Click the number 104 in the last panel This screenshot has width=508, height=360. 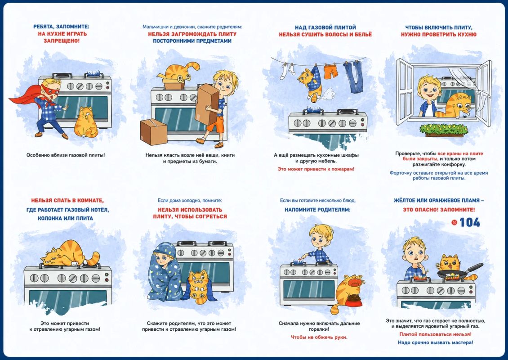click(x=469, y=222)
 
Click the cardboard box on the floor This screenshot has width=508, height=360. click(x=154, y=132)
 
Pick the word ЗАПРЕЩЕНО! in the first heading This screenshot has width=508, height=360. click(x=62, y=41)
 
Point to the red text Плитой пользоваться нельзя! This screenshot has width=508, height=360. click(x=435, y=334)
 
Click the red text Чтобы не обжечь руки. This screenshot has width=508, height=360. click(x=319, y=337)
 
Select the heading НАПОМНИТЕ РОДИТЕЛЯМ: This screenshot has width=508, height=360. click(x=317, y=210)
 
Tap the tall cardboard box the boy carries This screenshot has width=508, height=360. click(x=207, y=104)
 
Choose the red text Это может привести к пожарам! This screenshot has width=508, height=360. click(x=316, y=169)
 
